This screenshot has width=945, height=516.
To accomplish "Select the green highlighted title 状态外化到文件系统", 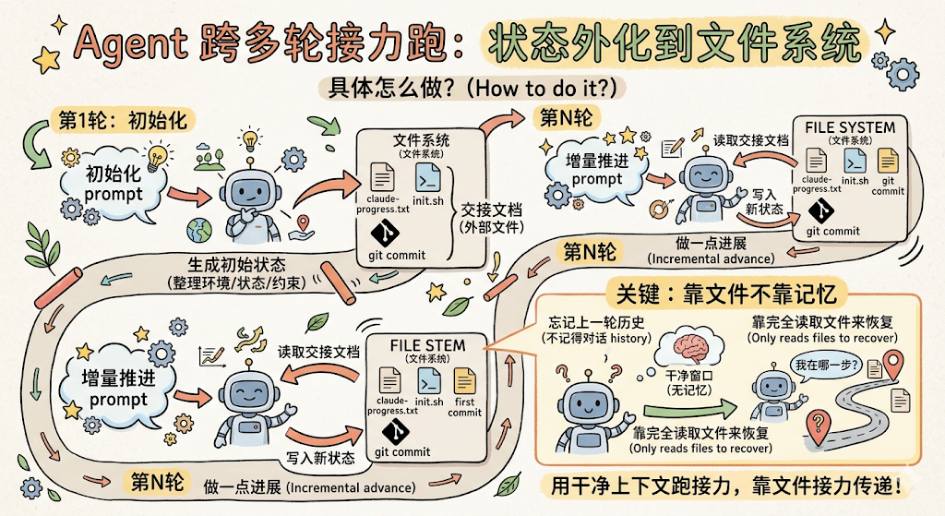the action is (674, 42).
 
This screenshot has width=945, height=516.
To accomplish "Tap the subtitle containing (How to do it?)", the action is (472, 89).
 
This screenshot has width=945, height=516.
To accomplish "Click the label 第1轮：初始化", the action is (123, 121).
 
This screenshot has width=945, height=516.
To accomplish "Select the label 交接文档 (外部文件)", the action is (491, 218).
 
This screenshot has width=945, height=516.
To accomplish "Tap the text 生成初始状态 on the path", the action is (237, 264).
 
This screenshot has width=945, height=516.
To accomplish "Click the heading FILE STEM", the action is (427, 345).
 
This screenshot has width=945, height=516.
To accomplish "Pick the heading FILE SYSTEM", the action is (850, 127).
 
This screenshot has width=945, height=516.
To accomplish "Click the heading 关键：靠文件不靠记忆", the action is (726, 294).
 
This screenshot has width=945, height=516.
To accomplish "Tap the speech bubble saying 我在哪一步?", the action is (828, 366).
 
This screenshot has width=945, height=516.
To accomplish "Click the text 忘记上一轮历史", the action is (596, 322).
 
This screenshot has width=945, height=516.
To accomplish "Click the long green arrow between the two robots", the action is (689, 411).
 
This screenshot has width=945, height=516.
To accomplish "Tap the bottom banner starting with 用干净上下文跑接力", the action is (726, 486).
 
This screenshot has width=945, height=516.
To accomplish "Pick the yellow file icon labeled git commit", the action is (887, 161).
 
